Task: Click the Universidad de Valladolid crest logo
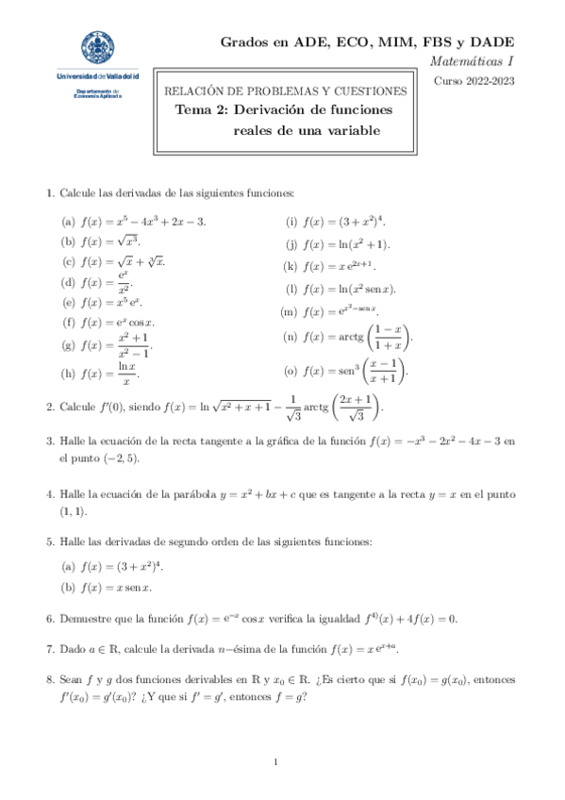tap(98, 49)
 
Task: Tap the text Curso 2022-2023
tap(474, 81)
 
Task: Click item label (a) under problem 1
tap(68, 222)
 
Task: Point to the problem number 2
tap(49, 408)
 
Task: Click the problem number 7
tap(49, 650)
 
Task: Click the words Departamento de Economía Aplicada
tap(97, 93)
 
